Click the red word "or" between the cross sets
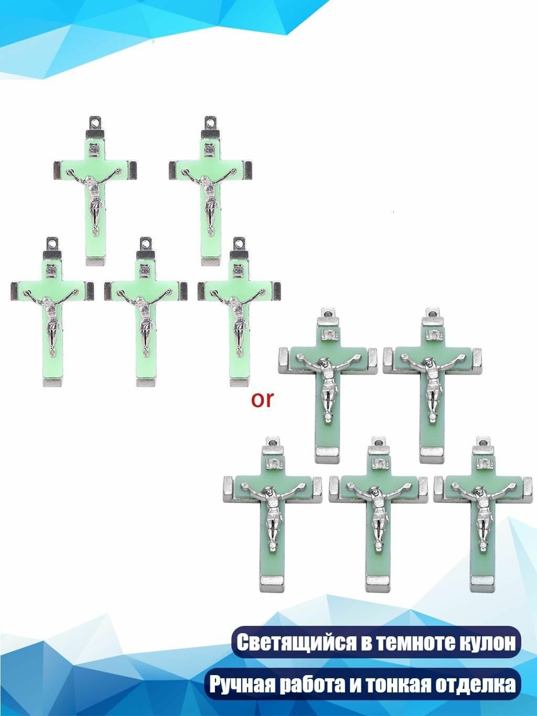click(262, 400)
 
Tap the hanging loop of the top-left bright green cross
click(95, 123)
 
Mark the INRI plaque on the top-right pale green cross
click(432, 334)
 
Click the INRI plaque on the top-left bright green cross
click(94, 149)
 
